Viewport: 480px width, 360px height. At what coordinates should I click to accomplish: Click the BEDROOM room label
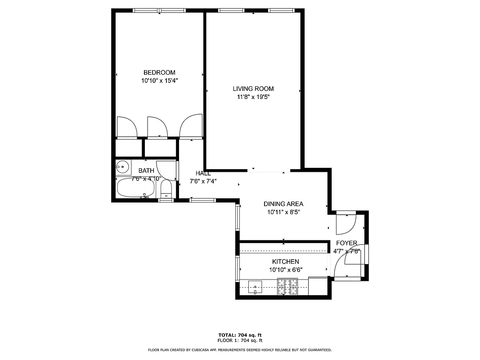159,72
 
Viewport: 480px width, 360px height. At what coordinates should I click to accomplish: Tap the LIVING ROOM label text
253,89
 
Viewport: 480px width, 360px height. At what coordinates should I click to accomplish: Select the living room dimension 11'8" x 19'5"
253,97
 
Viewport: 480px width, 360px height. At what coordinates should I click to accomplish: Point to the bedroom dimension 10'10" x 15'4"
159,81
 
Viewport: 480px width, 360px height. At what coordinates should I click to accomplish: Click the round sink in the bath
122,167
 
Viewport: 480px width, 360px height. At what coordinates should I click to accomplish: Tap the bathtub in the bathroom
135,188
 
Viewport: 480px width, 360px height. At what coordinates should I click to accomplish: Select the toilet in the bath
166,189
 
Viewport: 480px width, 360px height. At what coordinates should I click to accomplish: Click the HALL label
203,173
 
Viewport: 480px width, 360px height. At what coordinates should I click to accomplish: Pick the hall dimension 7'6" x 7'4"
203,181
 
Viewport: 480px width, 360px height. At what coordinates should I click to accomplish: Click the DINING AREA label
283,204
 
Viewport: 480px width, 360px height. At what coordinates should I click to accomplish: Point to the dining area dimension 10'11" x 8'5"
283,212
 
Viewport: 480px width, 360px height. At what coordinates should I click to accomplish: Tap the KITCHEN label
285,262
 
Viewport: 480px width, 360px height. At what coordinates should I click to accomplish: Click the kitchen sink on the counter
255,286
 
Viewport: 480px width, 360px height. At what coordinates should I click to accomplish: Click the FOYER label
346,243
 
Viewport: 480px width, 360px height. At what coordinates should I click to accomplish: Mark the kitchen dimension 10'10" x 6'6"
285,270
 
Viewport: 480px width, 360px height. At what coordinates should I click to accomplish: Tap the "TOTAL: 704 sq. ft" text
240,335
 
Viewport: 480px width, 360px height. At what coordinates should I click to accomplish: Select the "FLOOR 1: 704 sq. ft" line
240,341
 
